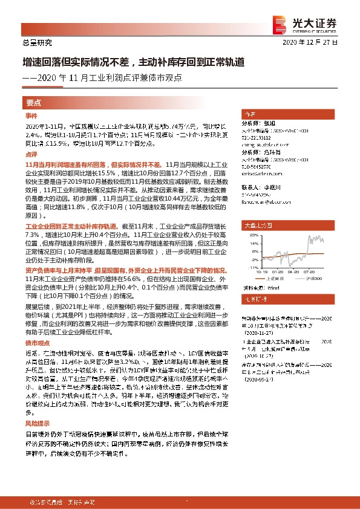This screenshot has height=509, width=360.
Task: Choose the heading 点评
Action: coord(31,155)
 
